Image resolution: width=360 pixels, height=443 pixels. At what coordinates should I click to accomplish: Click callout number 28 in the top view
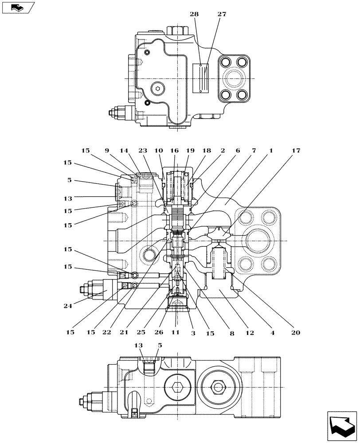195,14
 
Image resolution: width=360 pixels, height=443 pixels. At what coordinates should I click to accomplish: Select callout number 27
222,14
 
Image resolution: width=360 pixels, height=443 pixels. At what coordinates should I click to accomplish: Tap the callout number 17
296,151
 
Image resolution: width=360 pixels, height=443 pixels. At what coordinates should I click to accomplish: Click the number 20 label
296,333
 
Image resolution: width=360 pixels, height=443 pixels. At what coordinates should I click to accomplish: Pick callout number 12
250,333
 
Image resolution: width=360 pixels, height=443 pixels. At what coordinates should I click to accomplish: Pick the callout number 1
271,151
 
